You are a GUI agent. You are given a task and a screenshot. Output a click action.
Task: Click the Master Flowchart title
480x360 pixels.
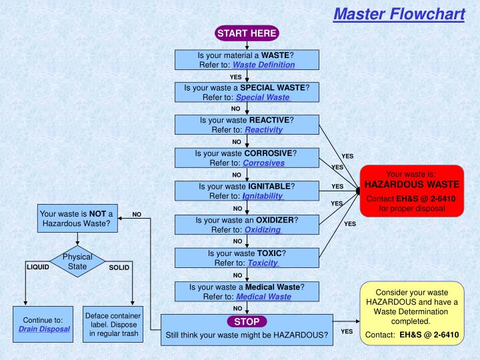tap(399, 13)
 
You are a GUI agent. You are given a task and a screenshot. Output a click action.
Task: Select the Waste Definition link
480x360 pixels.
tap(263, 65)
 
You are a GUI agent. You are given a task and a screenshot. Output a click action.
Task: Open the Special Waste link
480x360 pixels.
tap(263, 97)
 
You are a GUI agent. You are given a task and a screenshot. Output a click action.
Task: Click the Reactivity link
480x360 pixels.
tap(263, 129)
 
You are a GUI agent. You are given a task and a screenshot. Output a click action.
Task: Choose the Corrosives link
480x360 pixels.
tap(263, 162)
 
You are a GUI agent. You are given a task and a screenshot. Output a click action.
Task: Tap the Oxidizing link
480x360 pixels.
tap(262, 229)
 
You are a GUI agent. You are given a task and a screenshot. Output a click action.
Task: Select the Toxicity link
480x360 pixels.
tap(263, 263)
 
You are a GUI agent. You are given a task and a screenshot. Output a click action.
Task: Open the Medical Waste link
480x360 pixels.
tap(263, 297)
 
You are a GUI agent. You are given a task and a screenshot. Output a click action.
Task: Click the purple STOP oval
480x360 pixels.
tap(247, 321)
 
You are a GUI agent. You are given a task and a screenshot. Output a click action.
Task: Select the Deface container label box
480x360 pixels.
tap(113, 324)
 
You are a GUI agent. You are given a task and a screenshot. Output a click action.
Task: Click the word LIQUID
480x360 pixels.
tap(38, 267)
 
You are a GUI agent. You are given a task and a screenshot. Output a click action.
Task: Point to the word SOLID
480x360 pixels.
tap(119, 267)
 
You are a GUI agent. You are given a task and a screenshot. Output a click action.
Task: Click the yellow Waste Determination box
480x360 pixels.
tap(411, 313)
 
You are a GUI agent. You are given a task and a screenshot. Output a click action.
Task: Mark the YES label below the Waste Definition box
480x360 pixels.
tap(235, 77)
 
